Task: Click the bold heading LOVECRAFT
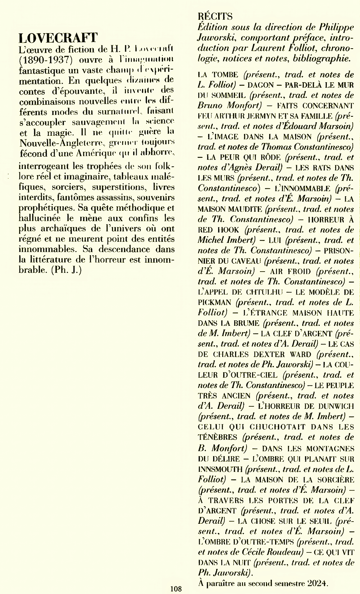coord(58,37)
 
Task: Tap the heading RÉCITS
coord(215,16)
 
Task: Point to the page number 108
coord(176,589)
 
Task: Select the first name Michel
coord(210,240)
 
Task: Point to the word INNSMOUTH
coord(220,469)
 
